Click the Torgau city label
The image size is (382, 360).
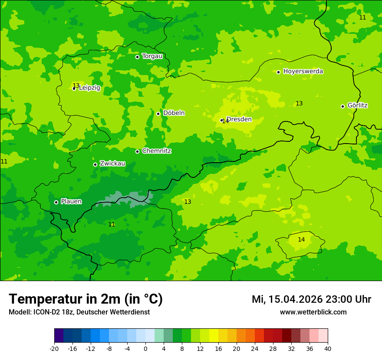tap(152, 56)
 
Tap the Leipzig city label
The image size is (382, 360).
tap(89, 88)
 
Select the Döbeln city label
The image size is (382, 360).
tap(174, 113)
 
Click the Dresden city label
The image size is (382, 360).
tap(239, 119)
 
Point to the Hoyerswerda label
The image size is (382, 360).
tap(303, 72)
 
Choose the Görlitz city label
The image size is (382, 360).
tap(357, 105)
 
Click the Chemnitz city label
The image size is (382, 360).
tap(156, 151)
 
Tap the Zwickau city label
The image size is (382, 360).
tap(112, 164)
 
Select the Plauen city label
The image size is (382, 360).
tap(71, 202)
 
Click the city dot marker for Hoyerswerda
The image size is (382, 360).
tap(278, 72)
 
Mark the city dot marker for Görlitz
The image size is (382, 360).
tap(342, 106)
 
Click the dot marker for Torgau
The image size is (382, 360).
tap(137, 57)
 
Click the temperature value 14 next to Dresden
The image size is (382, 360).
tap(225, 121)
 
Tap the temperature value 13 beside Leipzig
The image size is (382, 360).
tap(76, 85)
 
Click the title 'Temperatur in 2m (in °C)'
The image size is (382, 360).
tap(86, 299)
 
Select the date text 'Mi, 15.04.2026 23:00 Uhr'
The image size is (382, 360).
tap(311, 299)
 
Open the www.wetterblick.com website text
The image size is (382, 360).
tap(313, 312)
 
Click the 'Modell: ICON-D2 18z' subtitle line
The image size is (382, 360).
tap(79, 312)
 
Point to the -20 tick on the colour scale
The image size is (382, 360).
tap(54, 349)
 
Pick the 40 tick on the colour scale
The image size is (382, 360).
tap(328, 349)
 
